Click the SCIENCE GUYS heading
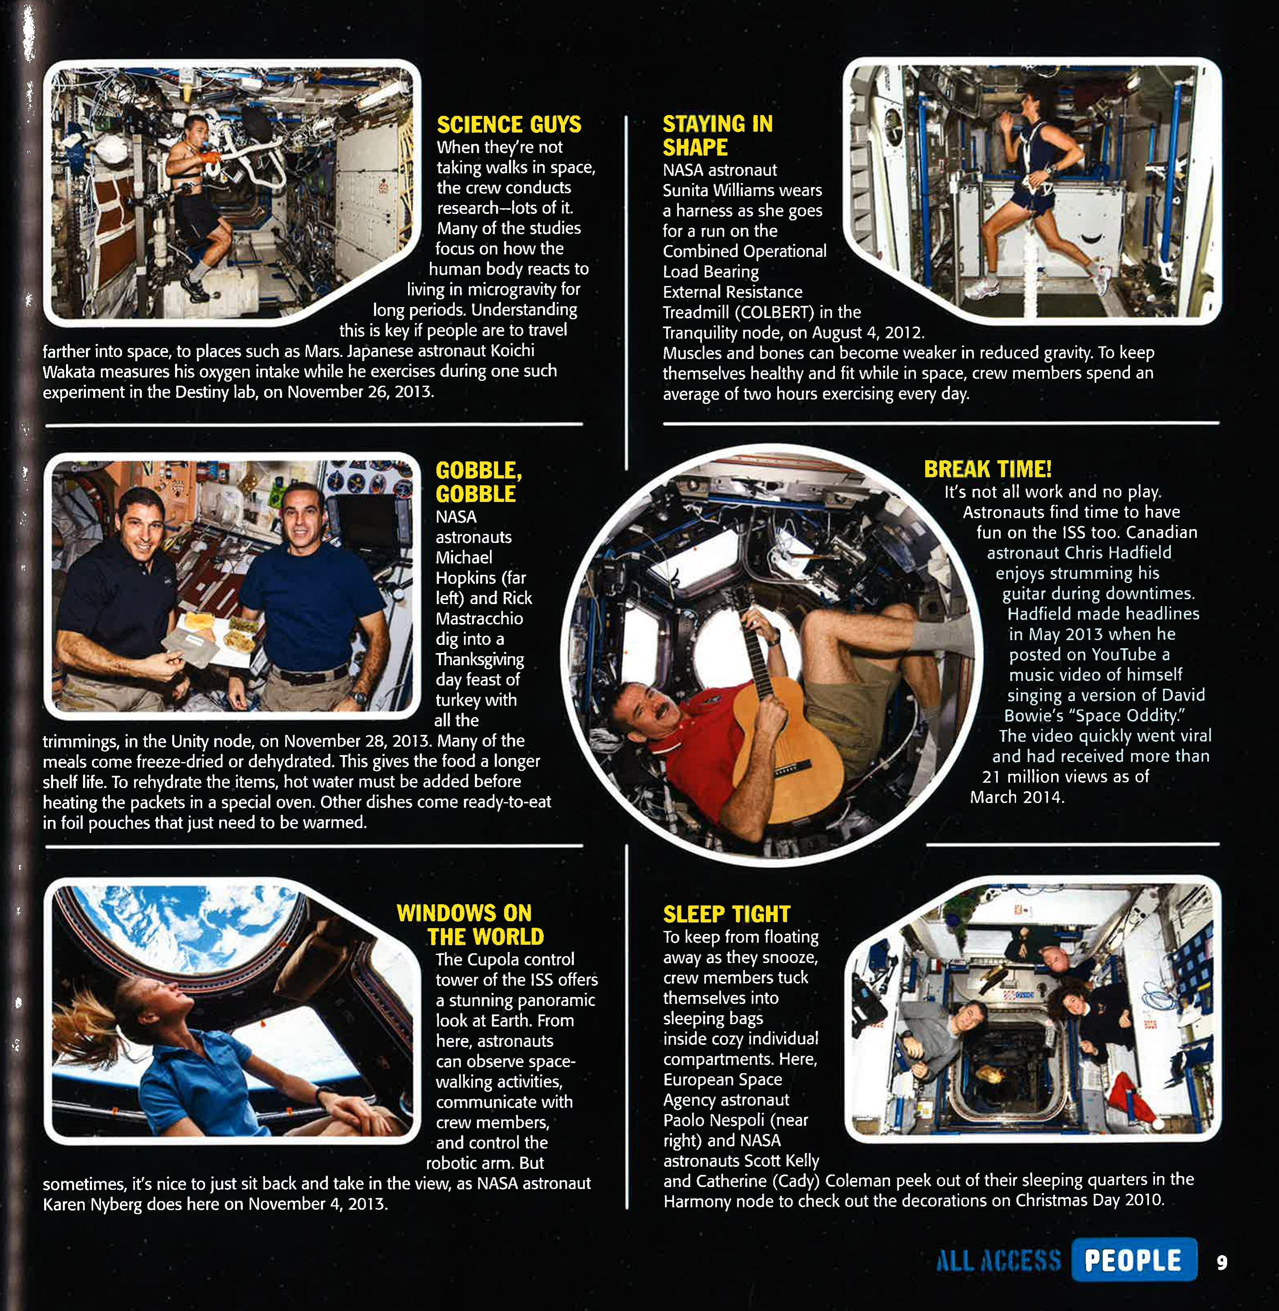click(508, 125)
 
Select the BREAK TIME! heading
click(987, 469)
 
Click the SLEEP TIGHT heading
click(726, 914)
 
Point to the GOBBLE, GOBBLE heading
click(478, 482)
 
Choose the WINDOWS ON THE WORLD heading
click(470, 925)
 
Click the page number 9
click(1221, 1263)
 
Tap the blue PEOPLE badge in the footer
click(1133, 1260)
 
